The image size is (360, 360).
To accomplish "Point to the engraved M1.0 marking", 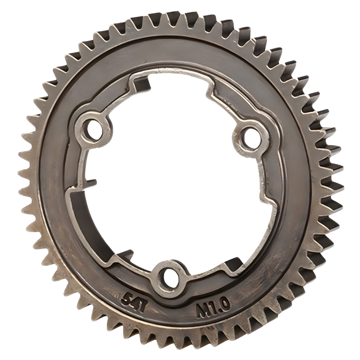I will point(213,307).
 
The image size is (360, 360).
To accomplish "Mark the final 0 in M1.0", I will point(223,303).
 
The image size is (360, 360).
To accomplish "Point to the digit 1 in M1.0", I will point(211,307).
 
